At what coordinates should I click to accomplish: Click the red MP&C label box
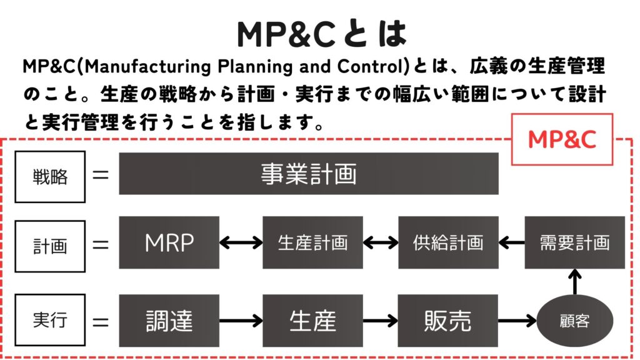(x=562, y=139)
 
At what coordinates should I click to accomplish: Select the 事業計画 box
(x=309, y=174)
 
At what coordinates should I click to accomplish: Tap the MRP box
(x=169, y=242)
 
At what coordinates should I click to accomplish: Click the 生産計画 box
(x=312, y=242)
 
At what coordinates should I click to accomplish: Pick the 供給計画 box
(x=448, y=242)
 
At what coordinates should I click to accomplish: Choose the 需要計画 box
(x=575, y=242)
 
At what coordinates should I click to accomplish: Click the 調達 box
(x=169, y=321)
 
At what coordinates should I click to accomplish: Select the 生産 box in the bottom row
(x=312, y=321)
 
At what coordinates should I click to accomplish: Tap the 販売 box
(x=448, y=321)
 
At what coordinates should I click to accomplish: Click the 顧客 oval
(x=575, y=321)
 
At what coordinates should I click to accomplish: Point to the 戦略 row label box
(x=50, y=177)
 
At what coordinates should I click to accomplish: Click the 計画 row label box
(x=50, y=246)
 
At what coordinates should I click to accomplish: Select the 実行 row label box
(x=50, y=320)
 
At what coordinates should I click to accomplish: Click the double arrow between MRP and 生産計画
(x=241, y=243)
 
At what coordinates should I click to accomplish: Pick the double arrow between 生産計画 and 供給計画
(x=381, y=243)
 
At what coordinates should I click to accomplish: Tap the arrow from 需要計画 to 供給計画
(x=511, y=243)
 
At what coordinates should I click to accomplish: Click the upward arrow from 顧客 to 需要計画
(x=575, y=282)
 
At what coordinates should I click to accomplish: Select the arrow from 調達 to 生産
(x=241, y=321)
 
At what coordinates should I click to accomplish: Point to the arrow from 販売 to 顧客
(x=517, y=321)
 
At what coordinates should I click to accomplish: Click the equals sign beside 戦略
(x=101, y=176)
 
